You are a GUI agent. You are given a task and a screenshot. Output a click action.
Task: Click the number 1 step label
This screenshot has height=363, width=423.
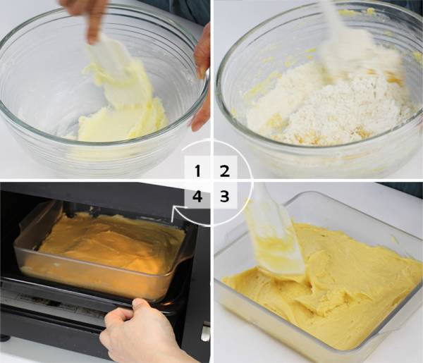point(197,171)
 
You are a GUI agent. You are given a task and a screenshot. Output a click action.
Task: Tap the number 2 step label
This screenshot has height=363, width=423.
point(225,171)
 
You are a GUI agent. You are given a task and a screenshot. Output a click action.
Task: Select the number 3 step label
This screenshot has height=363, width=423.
point(224,196)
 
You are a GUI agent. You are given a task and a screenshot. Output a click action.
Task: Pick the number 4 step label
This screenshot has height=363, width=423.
point(197,196)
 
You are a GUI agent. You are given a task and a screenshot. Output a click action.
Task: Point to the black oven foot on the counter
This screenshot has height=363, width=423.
point(5,338)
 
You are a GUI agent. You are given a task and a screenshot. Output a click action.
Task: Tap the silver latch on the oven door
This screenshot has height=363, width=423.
point(206,333)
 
